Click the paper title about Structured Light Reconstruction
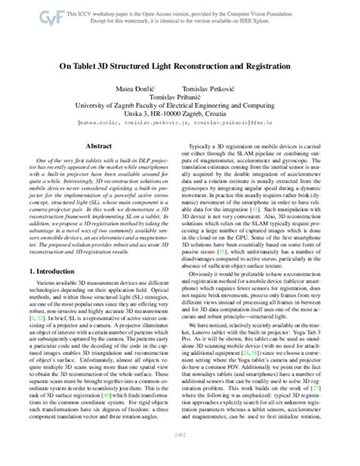(x=179, y=67)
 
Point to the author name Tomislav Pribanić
(x=179, y=98)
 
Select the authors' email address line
(x=179, y=125)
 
